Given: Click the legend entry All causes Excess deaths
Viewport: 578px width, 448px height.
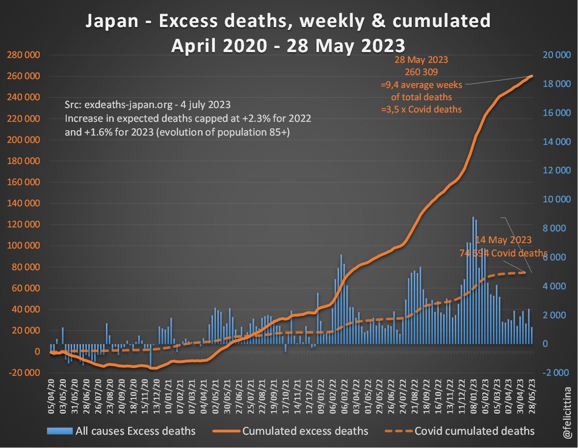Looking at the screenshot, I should pos(135,431).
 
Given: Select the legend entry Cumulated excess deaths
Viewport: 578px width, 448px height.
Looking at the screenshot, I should pos(305,431).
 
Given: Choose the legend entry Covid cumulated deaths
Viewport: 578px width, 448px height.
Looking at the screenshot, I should pos(474,431).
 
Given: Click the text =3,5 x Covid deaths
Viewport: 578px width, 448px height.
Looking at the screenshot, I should pos(421,109).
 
